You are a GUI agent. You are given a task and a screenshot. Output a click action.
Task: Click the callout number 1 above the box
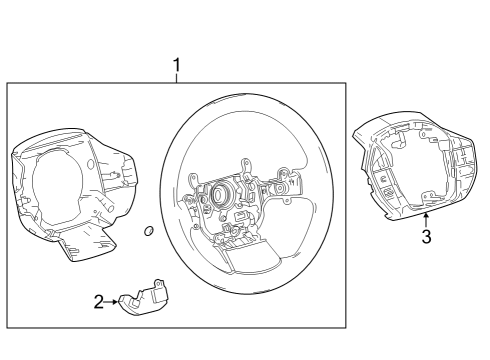coord(177,66)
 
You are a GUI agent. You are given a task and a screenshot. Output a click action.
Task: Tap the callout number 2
coord(99,301)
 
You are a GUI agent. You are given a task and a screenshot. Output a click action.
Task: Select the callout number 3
coord(426,237)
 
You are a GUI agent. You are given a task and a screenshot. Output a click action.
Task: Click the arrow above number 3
coord(426,217)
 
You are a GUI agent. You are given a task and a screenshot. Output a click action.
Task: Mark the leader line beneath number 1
coord(177,79)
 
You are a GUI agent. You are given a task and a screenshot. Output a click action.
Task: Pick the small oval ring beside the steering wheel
coord(148,232)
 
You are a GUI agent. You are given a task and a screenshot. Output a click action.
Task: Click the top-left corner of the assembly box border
coord(9,83)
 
